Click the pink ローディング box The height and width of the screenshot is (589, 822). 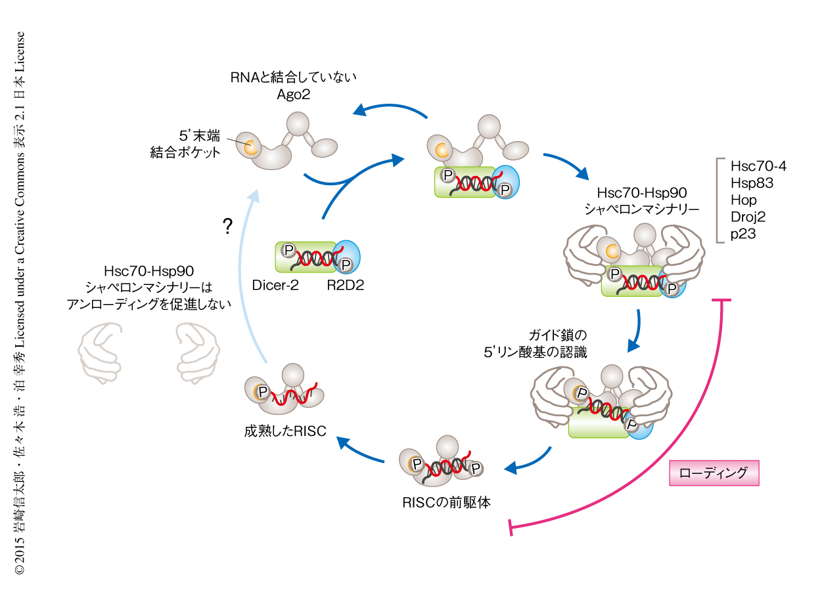click(x=714, y=473)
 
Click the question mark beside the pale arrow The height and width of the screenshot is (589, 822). click(x=227, y=227)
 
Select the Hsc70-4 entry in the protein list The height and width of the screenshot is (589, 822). click(x=758, y=165)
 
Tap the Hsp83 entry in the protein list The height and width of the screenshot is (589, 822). click(x=752, y=183)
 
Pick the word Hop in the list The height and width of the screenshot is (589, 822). click(x=744, y=200)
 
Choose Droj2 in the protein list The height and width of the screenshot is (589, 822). click(x=748, y=216)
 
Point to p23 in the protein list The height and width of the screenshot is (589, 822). click(x=743, y=233)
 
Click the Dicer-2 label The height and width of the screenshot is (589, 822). click(x=276, y=284)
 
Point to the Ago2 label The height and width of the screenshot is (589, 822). click(x=293, y=94)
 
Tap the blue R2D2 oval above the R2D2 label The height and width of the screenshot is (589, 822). click(x=348, y=253)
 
